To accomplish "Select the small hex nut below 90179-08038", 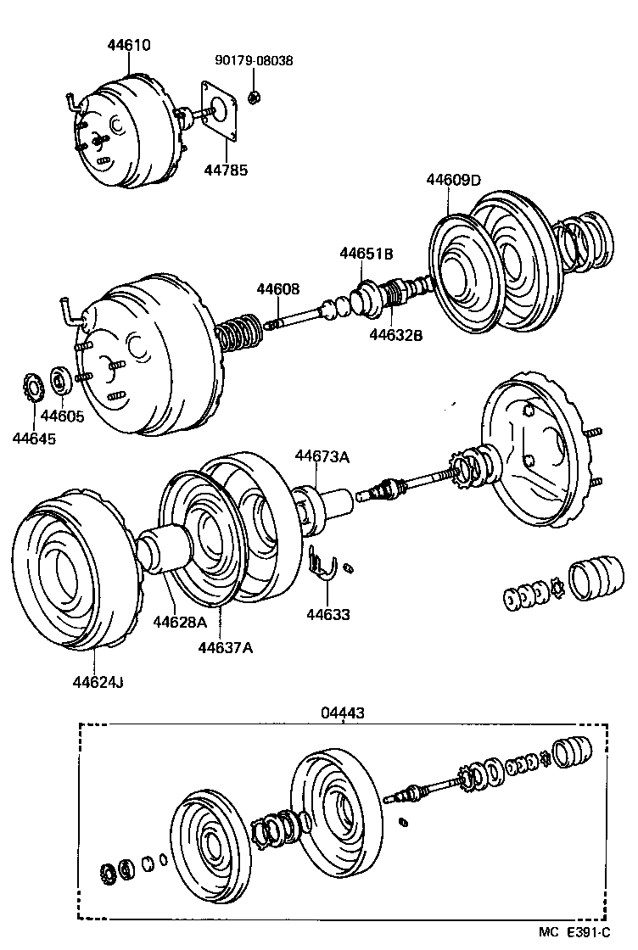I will (x=253, y=98).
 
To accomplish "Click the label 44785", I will (x=226, y=170).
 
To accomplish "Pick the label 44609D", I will (x=453, y=180).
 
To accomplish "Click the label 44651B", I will (x=367, y=253).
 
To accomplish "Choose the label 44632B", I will (x=395, y=334).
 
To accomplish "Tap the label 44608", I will (x=278, y=289).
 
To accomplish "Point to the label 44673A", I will (x=322, y=456).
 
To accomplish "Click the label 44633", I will (x=328, y=615).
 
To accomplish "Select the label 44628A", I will (x=180, y=622).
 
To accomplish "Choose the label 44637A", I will (x=226, y=648).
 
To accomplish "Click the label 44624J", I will (x=98, y=681).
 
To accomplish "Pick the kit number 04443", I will (x=343, y=713).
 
